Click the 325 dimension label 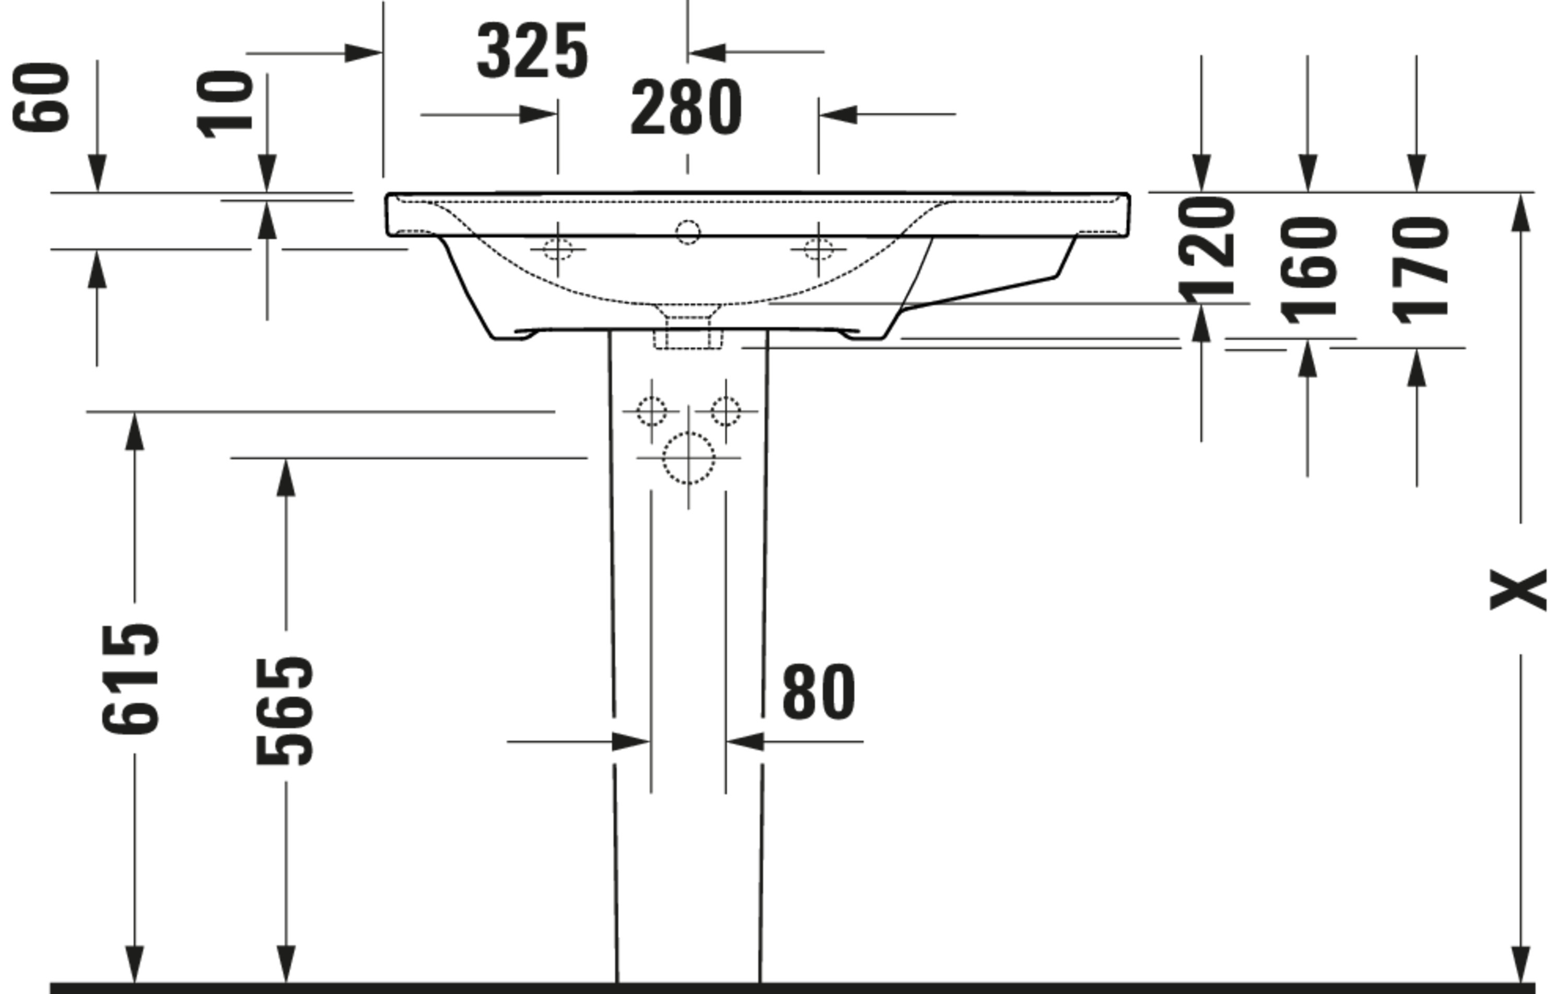pyautogui.click(x=532, y=51)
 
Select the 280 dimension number pyautogui.click(x=686, y=108)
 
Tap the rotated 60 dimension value pyautogui.click(x=40, y=97)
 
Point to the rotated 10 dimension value pyautogui.click(x=225, y=104)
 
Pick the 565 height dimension pyautogui.click(x=284, y=711)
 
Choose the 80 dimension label pyautogui.click(x=818, y=692)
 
